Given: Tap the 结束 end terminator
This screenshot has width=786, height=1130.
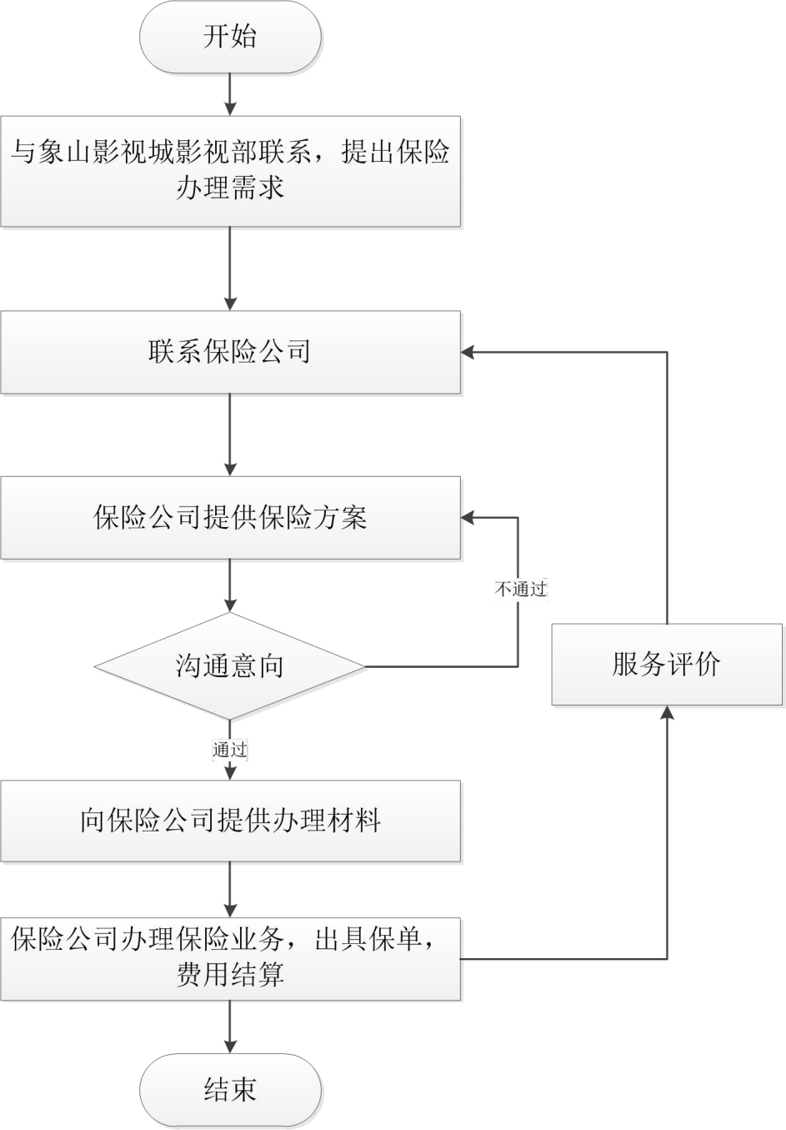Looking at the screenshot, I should pyautogui.click(x=231, y=1090).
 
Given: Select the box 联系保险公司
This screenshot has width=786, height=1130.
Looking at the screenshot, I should pyautogui.click(x=231, y=351).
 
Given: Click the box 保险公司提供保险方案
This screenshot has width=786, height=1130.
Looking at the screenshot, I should pyautogui.click(x=231, y=517).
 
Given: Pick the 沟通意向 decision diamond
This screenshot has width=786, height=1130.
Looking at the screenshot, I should pyautogui.click(x=231, y=666).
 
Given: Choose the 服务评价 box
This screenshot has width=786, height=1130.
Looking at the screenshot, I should pyautogui.click(x=666, y=665).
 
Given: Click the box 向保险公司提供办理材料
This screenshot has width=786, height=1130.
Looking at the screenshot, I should pyautogui.click(x=231, y=821).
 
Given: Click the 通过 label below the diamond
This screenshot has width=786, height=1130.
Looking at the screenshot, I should pyautogui.click(x=230, y=750).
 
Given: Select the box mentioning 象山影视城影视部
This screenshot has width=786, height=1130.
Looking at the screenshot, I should pyautogui.click(x=231, y=170).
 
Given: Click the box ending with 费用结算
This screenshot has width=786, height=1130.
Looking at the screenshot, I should pyautogui.click(x=231, y=958).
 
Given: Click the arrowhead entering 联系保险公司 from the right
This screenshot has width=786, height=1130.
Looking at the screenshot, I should pyautogui.click(x=469, y=352).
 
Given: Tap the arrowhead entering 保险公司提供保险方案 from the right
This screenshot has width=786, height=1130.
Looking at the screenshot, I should pyautogui.click(x=469, y=518).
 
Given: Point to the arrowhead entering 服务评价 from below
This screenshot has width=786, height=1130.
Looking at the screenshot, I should pyautogui.click(x=666, y=713).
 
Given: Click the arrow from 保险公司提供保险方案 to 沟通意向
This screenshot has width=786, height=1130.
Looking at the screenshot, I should pyautogui.click(x=231, y=587).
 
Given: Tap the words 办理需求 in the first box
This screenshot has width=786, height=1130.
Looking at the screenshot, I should pyautogui.click(x=231, y=187).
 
